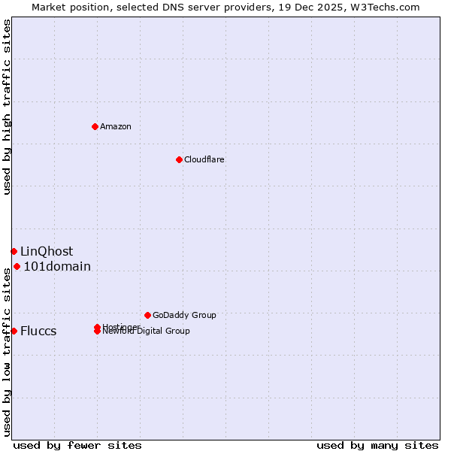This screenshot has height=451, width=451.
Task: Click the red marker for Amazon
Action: (95, 126)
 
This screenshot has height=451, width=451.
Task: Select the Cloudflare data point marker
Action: (179, 159)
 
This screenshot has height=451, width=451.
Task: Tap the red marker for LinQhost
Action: (14, 251)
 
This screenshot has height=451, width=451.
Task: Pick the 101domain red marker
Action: (17, 266)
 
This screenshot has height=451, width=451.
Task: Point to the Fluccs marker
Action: (14, 331)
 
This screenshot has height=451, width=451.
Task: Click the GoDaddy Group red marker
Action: (147, 315)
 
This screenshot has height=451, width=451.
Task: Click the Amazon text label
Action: (116, 126)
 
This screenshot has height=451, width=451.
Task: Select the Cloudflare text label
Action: (204, 159)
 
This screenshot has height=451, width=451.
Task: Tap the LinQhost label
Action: (47, 251)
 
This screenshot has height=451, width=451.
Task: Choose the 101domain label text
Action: (57, 266)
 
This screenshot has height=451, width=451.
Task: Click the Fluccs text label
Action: (38, 331)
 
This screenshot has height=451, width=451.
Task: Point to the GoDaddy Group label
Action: (184, 315)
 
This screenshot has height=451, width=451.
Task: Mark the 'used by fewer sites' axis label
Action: (77, 445)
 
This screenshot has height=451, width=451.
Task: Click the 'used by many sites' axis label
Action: (377, 445)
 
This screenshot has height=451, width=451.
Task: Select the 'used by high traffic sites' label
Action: (7, 107)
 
